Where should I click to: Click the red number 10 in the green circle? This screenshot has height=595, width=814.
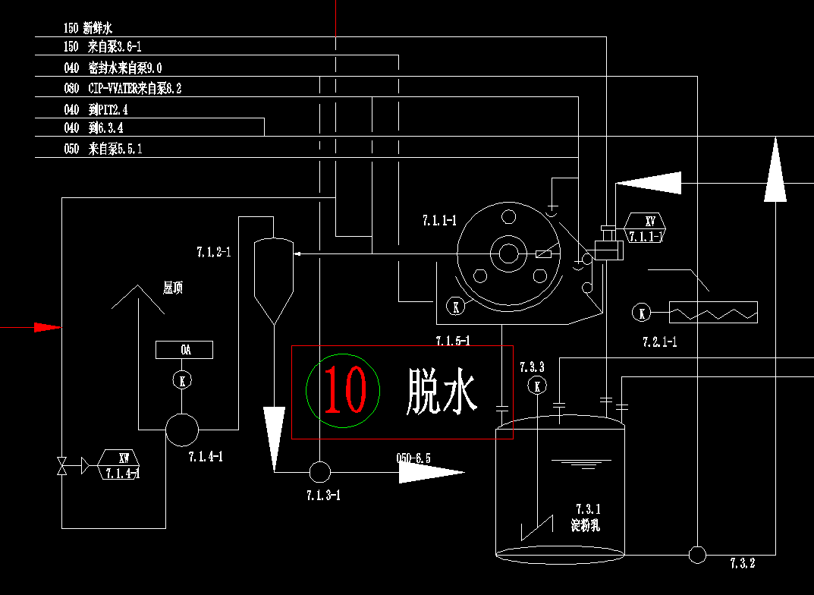point(344,389)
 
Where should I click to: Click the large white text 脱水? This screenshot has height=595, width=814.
point(441,391)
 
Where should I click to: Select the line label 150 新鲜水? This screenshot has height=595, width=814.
point(88,29)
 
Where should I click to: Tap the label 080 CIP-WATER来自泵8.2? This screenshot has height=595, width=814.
point(123,89)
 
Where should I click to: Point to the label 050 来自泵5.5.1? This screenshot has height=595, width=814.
point(103,150)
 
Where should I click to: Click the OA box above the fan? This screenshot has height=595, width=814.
point(184,350)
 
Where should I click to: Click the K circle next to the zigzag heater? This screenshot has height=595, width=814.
point(642,313)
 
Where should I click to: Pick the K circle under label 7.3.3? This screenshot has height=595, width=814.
point(537,386)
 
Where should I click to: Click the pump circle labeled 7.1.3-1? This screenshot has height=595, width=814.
point(319,472)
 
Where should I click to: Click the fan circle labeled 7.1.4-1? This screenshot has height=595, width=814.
point(182,430)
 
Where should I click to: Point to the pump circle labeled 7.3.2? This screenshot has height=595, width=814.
point(697,554)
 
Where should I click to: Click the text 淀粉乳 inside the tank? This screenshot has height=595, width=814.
point(586,525)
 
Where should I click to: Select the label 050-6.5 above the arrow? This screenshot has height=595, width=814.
point(413,458)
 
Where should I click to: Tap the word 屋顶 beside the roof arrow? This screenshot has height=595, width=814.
point(173,288)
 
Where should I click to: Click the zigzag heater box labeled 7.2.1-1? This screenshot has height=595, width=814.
point(713,312)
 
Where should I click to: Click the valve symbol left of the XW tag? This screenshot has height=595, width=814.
point(61,465)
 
